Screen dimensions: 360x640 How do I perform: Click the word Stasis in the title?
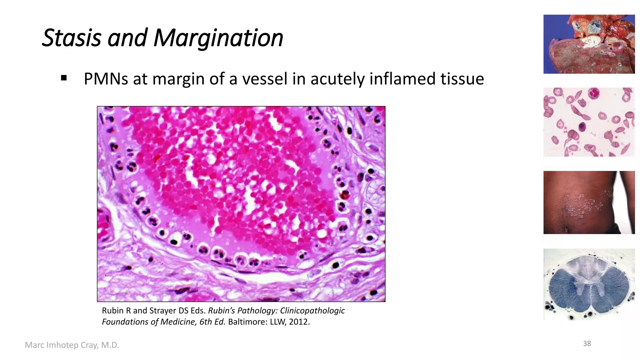72,38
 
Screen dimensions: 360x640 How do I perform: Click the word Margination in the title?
218,38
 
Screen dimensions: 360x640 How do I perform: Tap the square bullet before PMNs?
64,78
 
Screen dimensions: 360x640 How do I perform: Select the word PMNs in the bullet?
106,79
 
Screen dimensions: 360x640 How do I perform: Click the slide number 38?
587,343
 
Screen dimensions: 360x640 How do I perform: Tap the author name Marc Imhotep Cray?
72,345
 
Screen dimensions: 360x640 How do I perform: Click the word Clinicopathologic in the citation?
312,311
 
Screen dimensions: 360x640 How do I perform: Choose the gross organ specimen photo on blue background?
589,44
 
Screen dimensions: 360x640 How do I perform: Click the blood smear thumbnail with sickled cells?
589,122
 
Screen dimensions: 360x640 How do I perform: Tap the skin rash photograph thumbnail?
589,202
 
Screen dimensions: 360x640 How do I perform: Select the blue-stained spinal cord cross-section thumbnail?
589,284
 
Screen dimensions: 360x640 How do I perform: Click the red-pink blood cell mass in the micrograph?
231,175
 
